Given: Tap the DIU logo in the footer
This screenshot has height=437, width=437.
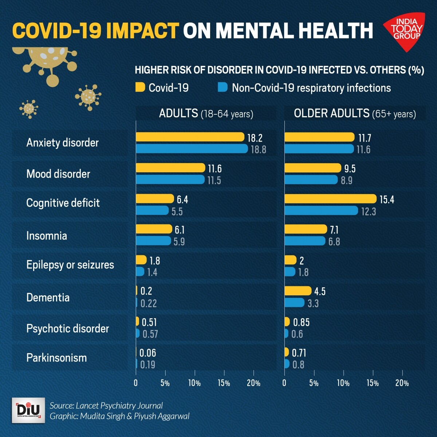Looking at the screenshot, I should pos(28,410).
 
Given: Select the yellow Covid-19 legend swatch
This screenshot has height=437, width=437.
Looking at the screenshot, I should pos(140,87).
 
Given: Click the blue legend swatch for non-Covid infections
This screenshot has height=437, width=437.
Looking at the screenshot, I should pos(223,87).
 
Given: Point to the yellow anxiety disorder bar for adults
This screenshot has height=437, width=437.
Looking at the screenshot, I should pos(190,137).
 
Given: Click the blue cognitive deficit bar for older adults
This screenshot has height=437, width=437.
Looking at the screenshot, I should pos(321,210).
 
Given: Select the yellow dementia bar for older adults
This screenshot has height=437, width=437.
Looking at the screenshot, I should pos(298,291).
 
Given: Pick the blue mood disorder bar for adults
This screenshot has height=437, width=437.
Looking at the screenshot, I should pos(170,180).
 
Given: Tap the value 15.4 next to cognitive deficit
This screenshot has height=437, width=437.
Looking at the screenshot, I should pos(387,200).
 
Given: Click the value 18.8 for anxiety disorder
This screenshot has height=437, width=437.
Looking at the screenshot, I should pos(259,149).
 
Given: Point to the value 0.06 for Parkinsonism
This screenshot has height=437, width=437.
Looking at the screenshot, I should pos(147,353).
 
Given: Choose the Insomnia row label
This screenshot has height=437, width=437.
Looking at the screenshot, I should pos(47,236).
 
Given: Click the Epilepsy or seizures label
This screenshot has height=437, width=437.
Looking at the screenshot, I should pos(70,265).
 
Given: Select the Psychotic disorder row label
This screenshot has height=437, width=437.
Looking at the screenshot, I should pos(68,328).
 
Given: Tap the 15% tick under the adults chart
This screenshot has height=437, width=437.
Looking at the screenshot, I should pos(224,383).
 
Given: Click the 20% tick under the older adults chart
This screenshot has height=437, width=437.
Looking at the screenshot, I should pos(402,383).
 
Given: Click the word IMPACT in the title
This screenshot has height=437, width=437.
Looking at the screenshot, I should pos(143,31).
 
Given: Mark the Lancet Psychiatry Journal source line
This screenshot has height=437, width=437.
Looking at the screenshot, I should pos(106,406).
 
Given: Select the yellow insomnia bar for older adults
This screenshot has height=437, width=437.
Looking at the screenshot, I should pos(306,229).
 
